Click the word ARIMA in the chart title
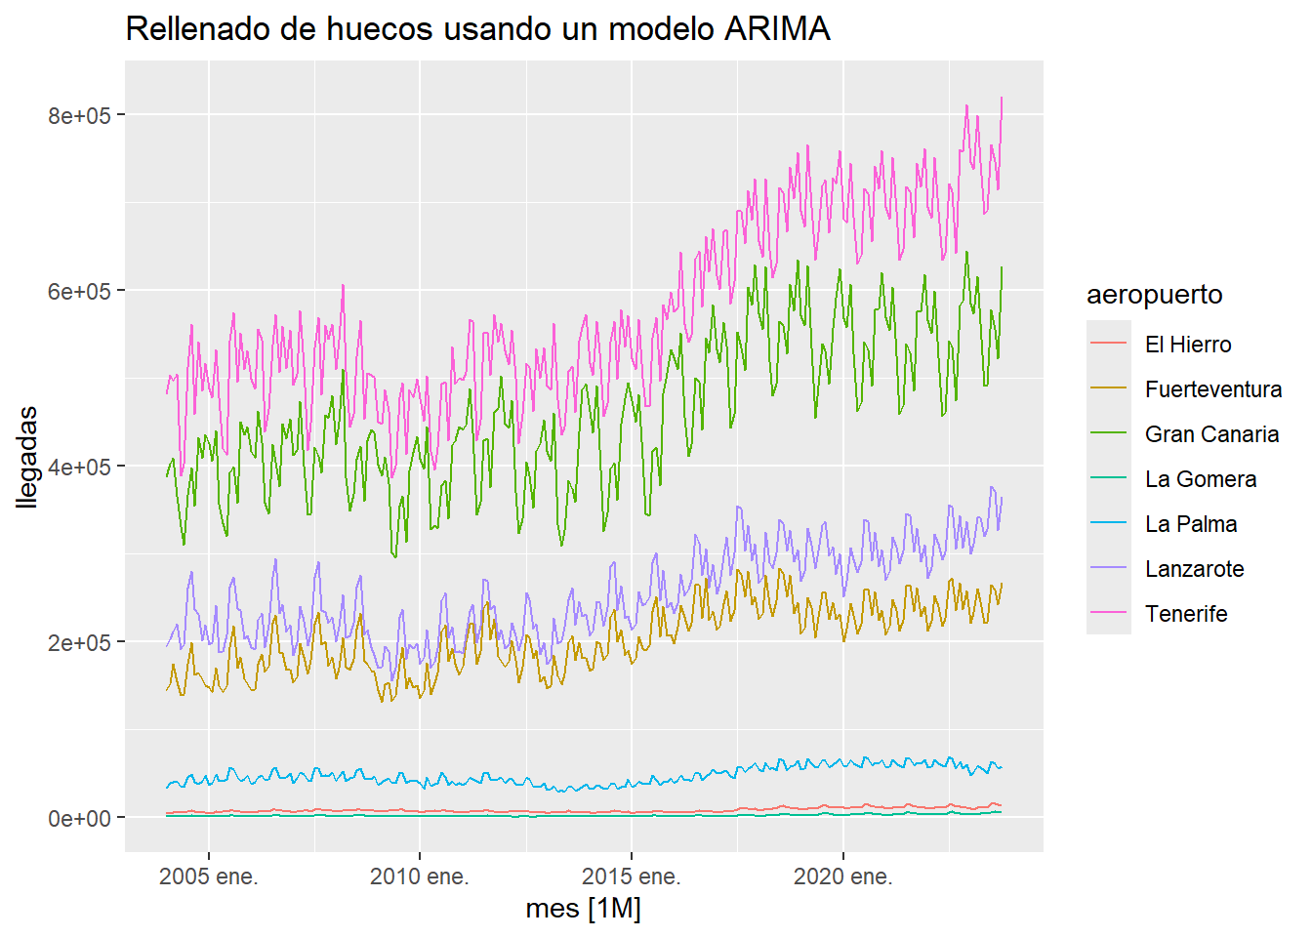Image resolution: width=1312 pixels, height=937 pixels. pyautogui.click(x=777, y=29)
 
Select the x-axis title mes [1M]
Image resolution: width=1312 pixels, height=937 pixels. pyautogui.click(x=583, y=909)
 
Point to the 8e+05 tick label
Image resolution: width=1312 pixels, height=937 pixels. pyautogui.click(x=79, y=115)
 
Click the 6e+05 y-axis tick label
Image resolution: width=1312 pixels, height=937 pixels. pyautogui.click(x=79, y=291)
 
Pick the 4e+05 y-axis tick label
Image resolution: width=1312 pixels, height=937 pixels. pyautogui.click(x=79, y=467)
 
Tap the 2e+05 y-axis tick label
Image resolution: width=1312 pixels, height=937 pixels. pyautogui.click(x=79, y=642)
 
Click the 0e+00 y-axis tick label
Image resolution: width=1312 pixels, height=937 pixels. pyautogui.click(x=79, y=818)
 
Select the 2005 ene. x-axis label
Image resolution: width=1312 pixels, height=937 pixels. pyautogui.click(x=208, y=876)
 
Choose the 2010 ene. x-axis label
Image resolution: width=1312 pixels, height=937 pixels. pyautogui.click(x=419, y=876)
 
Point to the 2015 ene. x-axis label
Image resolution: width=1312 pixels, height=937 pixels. pyautogui.click(x=631, y=876)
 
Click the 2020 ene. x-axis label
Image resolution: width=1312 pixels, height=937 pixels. pyautogui.click(x=842, y=876)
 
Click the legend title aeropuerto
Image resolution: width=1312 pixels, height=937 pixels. pyautogui.click(x=1154, y=295)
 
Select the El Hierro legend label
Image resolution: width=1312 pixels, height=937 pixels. pyautogui.click(x=1187, y=345)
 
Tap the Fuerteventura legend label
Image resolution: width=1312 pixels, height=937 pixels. pyautogui.click(x=1212, y=389)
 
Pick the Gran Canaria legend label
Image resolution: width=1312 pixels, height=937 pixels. pyautogui.click(x=1211, y=434)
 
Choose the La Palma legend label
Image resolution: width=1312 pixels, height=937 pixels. pyautogui.click(x=1190, y=524)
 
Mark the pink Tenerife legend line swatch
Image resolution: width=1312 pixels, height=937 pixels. pyautogui.click(x=1109, y=614)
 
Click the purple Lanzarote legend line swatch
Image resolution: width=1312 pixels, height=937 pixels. pyautogui.click(x=1109, y=569)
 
